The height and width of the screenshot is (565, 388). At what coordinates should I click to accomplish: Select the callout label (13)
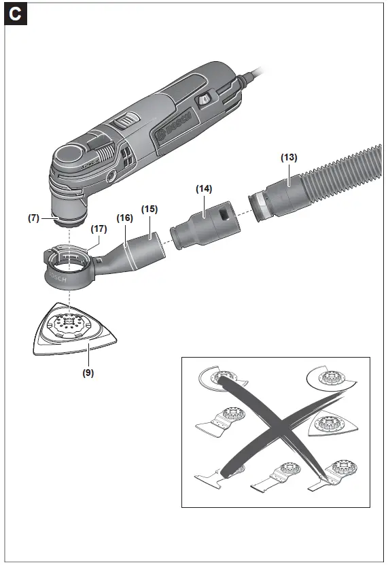289,157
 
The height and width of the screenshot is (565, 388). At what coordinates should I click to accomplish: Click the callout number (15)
149,209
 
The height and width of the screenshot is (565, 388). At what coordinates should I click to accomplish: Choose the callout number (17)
99,229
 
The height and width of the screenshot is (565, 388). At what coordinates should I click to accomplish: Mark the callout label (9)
89,372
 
